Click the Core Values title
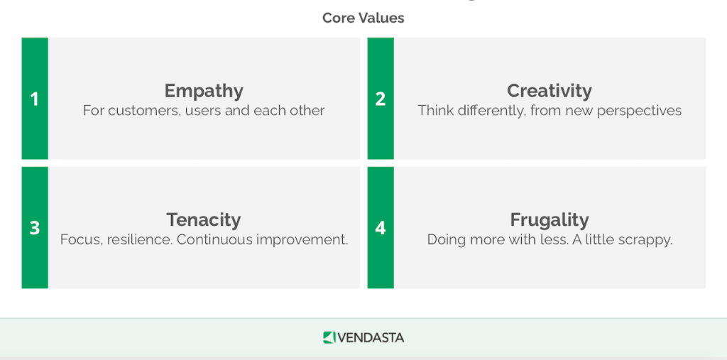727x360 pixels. tap(363, 18)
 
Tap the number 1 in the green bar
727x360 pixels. tap(34, 99)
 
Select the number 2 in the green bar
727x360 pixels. tap(381, 99)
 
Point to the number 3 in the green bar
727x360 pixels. tap(34, 228)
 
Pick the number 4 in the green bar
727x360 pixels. tap(381, 228)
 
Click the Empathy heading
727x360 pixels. tap(204, 91)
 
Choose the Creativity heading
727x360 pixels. tap(549, 91)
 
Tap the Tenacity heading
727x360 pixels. tap(204, 220)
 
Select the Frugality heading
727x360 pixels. tap(549, 220)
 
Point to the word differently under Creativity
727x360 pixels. tap(490, 111)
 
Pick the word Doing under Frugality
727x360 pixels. tap(446, 240)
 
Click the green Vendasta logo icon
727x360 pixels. tap(329, 337)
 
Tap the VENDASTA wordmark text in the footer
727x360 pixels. tap(370, 337)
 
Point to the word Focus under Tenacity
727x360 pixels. tap(80, 239)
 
